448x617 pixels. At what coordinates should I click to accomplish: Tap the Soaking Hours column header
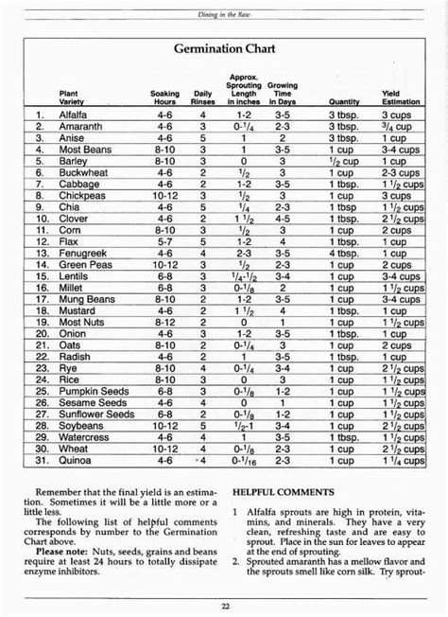pos(164,98)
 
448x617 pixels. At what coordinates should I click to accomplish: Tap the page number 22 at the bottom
pos(225,606)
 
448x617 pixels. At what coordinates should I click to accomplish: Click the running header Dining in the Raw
pos(224,9)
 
